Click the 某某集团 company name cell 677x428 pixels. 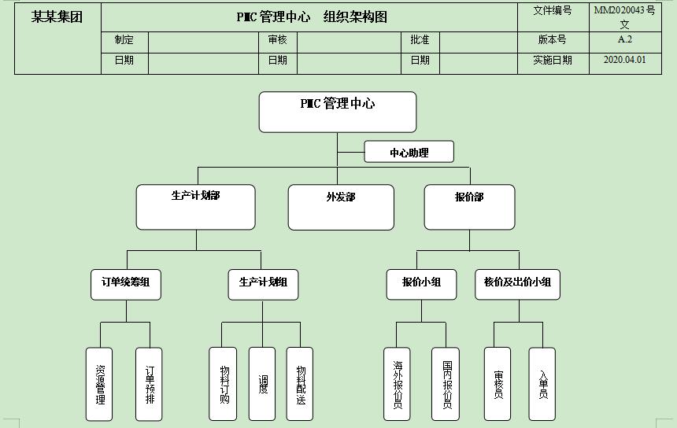click(x=57, y=17)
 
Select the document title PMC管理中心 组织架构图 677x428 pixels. click(x=312, y=17)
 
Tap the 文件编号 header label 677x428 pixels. click(x=553, y=11)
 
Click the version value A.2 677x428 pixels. click(x=624, y=39)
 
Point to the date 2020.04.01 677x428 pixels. click(x=624, y=60)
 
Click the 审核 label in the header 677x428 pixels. click(x=277, y=39)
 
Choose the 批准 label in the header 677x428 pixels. click(x=420, y=39)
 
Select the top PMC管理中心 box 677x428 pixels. click(x=337, y=112)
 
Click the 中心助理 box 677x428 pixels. click(x=409, y=152)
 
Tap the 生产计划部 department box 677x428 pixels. click(x=195, y=207)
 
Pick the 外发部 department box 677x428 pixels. click(x=340, y=207)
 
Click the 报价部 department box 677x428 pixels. click(x=469, y=207)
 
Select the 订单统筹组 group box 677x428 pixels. click(x=126, y=283)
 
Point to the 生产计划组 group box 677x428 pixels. click(x=263, y=283)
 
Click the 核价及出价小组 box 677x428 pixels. click(x=517, y=283)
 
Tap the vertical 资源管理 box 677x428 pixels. click(x=99, y=384)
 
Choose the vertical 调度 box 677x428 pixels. click(x=262, y=384)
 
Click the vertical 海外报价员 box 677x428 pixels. click(x=397, y=384)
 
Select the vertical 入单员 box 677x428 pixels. click(x=542, y=384)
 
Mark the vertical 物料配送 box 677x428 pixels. click(x=300, y=384)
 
